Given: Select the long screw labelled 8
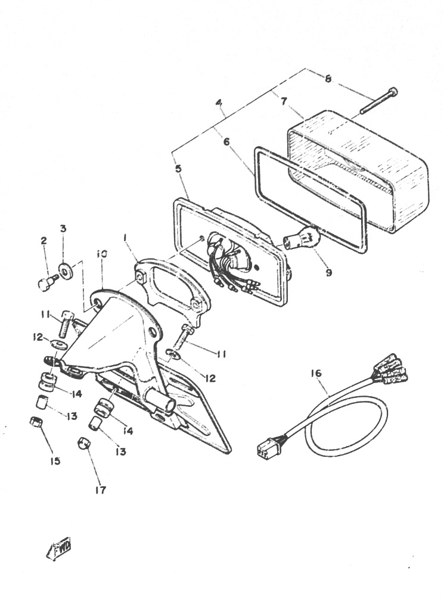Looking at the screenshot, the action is pyautogui.click(x=378, y=101).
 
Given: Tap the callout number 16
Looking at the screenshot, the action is pyautogui.click(x=316, y=373).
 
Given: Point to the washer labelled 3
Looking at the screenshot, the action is pyautogui.click(x=65, y=270).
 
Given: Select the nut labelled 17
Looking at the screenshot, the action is pyautogui.click(x=84, y=443).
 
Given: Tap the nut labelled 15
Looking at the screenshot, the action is pyautogui.click(x=36, y=422).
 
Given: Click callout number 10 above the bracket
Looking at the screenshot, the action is pyautogui.click(x=101, y=254).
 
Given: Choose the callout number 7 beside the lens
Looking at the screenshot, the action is pyautogui.click(x=284, y=101).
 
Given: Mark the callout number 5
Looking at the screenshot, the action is pyautogui.click(x=178, y=169).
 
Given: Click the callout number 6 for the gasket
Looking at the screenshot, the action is pyautogui.click(x=227, y=142).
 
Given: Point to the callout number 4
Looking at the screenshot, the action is pyautogui.click(x=219, y=103).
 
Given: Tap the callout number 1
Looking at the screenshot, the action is pyautogui.click(x=126, y=237).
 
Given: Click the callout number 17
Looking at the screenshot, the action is pyautogui.click(x=100, y=490).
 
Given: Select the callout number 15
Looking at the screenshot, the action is pyautogui.click(x=55, y=461).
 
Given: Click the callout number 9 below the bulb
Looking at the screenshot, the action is pyautogui.click(x=329, y=273).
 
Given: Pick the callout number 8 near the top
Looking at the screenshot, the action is pyautogui.click(x=328, y=79).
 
